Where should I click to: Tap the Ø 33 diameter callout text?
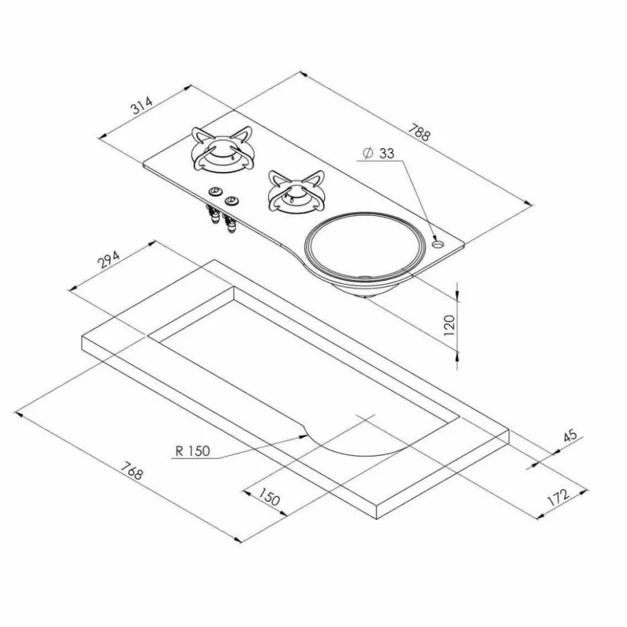click(x=379, y=153)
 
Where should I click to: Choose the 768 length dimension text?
click(x=132, y=470)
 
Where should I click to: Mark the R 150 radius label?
click(x=193, y=450)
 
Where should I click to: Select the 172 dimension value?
click(x=558, y=497)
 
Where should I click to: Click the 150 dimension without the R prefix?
click(x=268, y=497)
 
